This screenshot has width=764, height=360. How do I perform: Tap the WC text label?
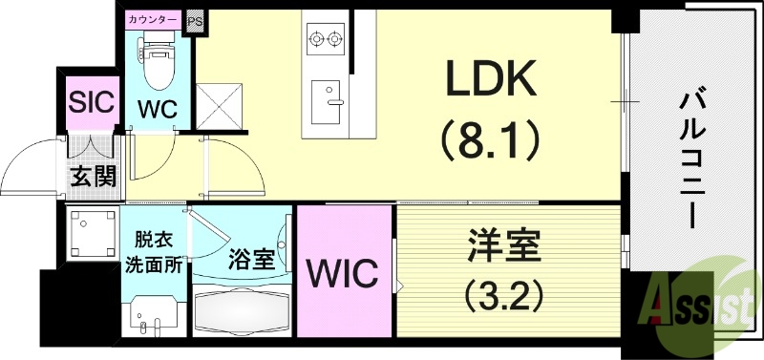coord(156,110)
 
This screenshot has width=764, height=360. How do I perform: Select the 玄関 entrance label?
coord(93,176)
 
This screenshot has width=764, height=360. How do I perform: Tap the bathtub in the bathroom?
coord(244,310)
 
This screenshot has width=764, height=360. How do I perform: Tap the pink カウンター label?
coord(153,18)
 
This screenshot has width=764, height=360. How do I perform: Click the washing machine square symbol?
coord(92,232)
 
